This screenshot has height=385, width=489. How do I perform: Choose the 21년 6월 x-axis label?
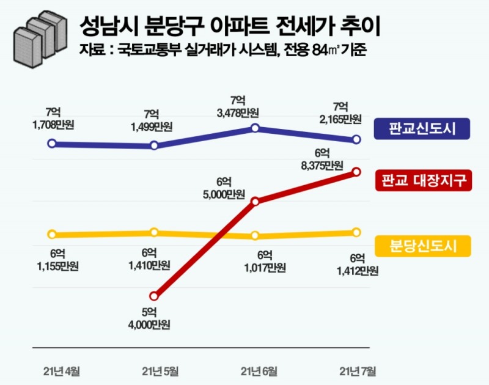pos(259,370)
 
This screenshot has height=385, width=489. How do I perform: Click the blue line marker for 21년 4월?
pos(52,144)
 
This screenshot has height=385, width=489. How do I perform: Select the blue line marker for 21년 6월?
pos(256,128)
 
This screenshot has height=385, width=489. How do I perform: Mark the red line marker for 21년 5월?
pos(154,296)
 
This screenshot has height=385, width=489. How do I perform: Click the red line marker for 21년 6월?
pos(256,201)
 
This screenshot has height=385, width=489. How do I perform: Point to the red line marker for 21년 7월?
pos(356,173)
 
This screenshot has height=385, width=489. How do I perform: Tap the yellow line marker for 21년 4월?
pos(52,234)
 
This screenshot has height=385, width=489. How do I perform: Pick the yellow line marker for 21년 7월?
pos(356,232)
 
